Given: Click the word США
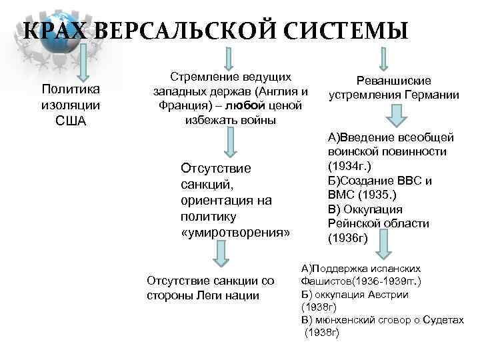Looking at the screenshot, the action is coord(70,121).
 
